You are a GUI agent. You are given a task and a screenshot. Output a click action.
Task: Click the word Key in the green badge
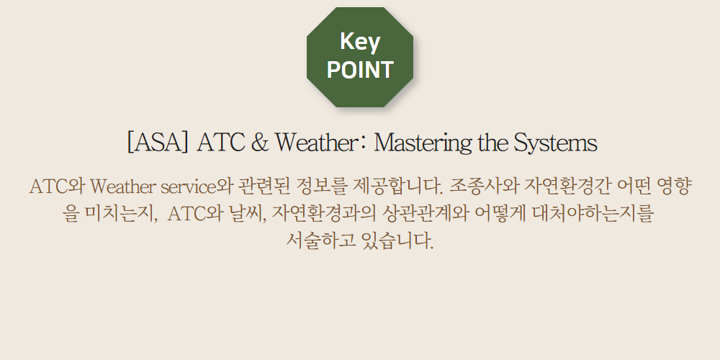[x=360, y=42]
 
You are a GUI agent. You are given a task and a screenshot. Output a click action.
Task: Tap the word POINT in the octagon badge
[x=360, y=70]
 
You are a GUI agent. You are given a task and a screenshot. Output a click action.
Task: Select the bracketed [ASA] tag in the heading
[x=157, y=143]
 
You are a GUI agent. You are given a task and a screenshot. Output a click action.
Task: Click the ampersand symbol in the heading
[x=260, y=143]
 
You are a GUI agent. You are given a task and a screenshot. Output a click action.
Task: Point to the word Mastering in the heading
[x=423, y=143]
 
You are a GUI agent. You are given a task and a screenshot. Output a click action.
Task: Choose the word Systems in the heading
[x=555, y=143]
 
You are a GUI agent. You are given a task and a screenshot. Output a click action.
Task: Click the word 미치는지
[x=120, y=214]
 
